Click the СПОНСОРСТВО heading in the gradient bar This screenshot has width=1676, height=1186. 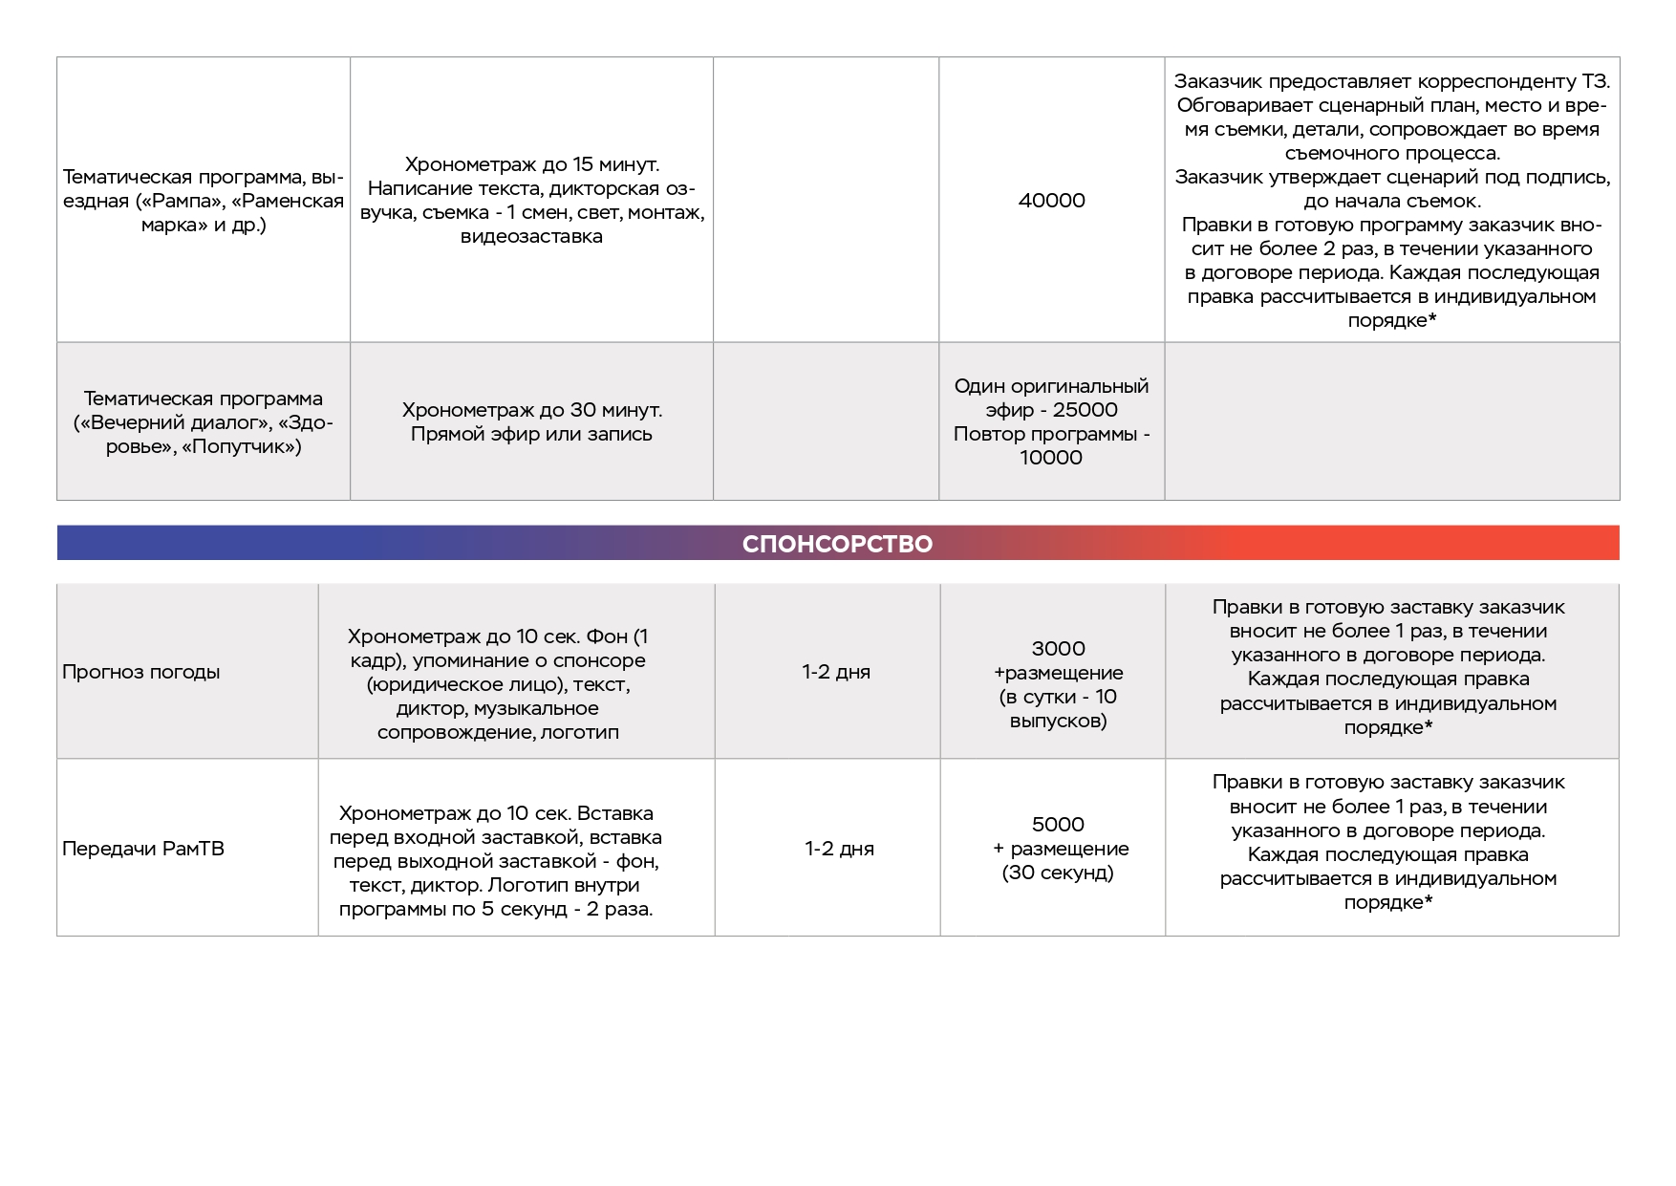837,544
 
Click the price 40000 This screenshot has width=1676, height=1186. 1051,201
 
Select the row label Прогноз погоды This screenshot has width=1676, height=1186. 140,672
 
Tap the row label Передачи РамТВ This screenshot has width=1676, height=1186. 142,849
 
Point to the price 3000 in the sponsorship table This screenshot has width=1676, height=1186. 1058,649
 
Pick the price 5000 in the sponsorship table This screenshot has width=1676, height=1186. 1058,825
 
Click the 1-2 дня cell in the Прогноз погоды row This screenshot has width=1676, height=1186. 836,672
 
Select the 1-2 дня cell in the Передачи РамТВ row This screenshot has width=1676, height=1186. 839,849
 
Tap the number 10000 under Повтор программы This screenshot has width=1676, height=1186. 1051,458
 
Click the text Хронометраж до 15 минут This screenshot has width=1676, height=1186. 531,164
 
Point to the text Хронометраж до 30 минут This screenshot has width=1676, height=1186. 531,410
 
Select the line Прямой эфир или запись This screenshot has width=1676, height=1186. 531,434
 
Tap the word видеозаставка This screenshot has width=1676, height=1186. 531,236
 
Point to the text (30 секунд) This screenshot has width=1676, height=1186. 1058,873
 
